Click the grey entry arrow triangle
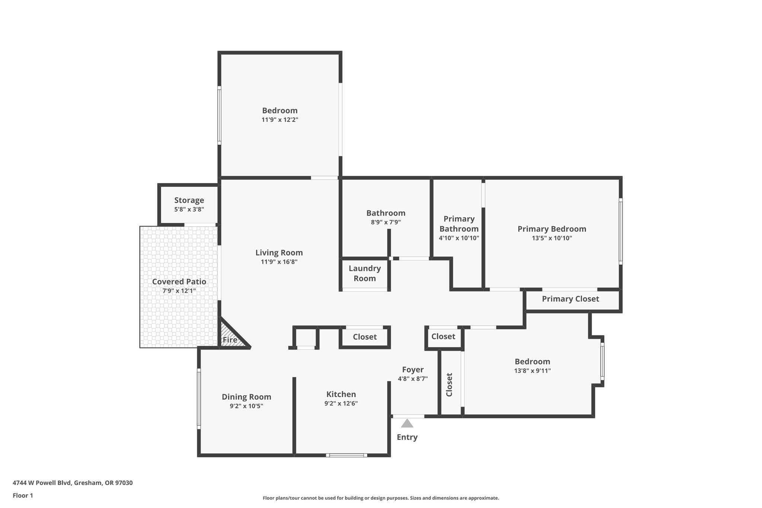407,424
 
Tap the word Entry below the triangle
407,437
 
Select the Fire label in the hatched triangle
230,340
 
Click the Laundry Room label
365,273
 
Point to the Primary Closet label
570,299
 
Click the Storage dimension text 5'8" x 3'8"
189,210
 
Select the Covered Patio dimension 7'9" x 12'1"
179,291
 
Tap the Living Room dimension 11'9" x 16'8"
279,262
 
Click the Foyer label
413,370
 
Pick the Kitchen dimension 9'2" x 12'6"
341,403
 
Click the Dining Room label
246,397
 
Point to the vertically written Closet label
449,384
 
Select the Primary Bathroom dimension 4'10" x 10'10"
459,238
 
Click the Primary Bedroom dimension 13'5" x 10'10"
552,238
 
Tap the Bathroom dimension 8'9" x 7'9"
386,222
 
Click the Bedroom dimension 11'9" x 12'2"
280,119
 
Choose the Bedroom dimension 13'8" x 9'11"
532,370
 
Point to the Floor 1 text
23,495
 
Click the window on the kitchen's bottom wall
346,455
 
